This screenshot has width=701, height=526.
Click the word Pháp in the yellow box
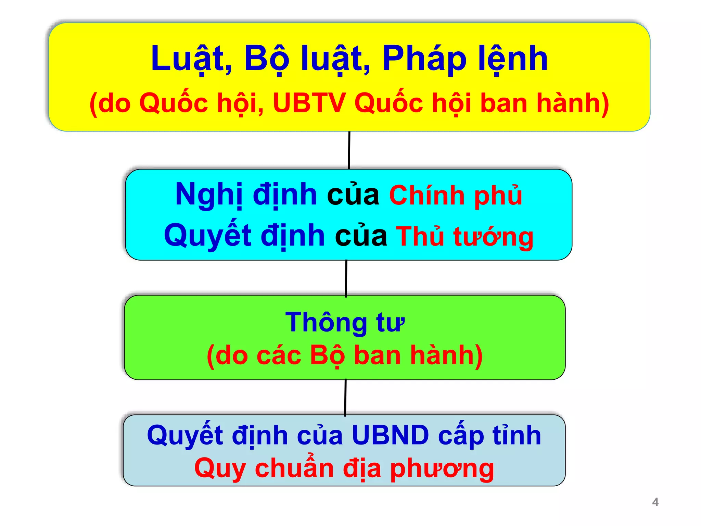424,59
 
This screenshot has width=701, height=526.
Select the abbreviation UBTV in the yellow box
309,103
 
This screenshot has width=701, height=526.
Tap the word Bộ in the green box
327,355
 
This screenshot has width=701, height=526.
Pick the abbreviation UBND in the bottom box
390,435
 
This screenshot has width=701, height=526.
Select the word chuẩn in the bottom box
294,468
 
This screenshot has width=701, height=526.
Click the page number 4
655,502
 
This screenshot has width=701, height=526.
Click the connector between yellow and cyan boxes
349,150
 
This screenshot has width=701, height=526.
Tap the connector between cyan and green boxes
346,278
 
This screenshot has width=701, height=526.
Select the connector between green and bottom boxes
345,397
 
